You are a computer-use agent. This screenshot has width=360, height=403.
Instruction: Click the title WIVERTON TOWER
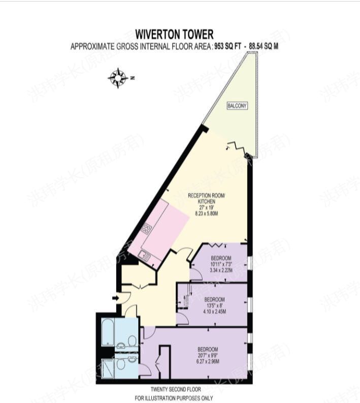click(x=174, y=35)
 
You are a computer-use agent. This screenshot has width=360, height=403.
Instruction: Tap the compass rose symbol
click(x=118, y=78)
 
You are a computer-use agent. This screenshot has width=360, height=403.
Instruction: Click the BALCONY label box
click(x=237, y=106)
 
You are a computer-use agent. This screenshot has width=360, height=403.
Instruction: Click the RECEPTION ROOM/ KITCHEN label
click(x=206, y=199)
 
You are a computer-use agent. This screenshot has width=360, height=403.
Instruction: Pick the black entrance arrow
click(x=114, y=298)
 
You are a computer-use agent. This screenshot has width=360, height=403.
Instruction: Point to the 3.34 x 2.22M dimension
click(x=221, y=270)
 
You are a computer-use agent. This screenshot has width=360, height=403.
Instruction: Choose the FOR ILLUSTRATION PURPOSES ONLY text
click(x=174, y=398)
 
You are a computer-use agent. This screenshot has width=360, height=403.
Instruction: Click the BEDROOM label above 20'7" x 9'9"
click(x=208, y=350)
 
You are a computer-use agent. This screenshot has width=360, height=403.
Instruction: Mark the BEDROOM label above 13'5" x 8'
click(x=214, y=299)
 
